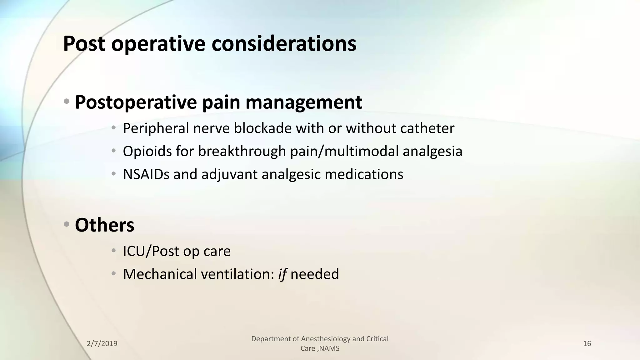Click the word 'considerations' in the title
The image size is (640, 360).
284,44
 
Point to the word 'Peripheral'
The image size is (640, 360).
156,128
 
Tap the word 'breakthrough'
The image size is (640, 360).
242,151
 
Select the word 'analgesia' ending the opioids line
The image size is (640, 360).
432,151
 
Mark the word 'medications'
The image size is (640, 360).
364,174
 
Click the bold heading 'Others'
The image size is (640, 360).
105,225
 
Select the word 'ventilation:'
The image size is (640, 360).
237,274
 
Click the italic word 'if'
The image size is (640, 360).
282,274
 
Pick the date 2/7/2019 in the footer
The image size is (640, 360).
102,344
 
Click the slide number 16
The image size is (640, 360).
587,344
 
